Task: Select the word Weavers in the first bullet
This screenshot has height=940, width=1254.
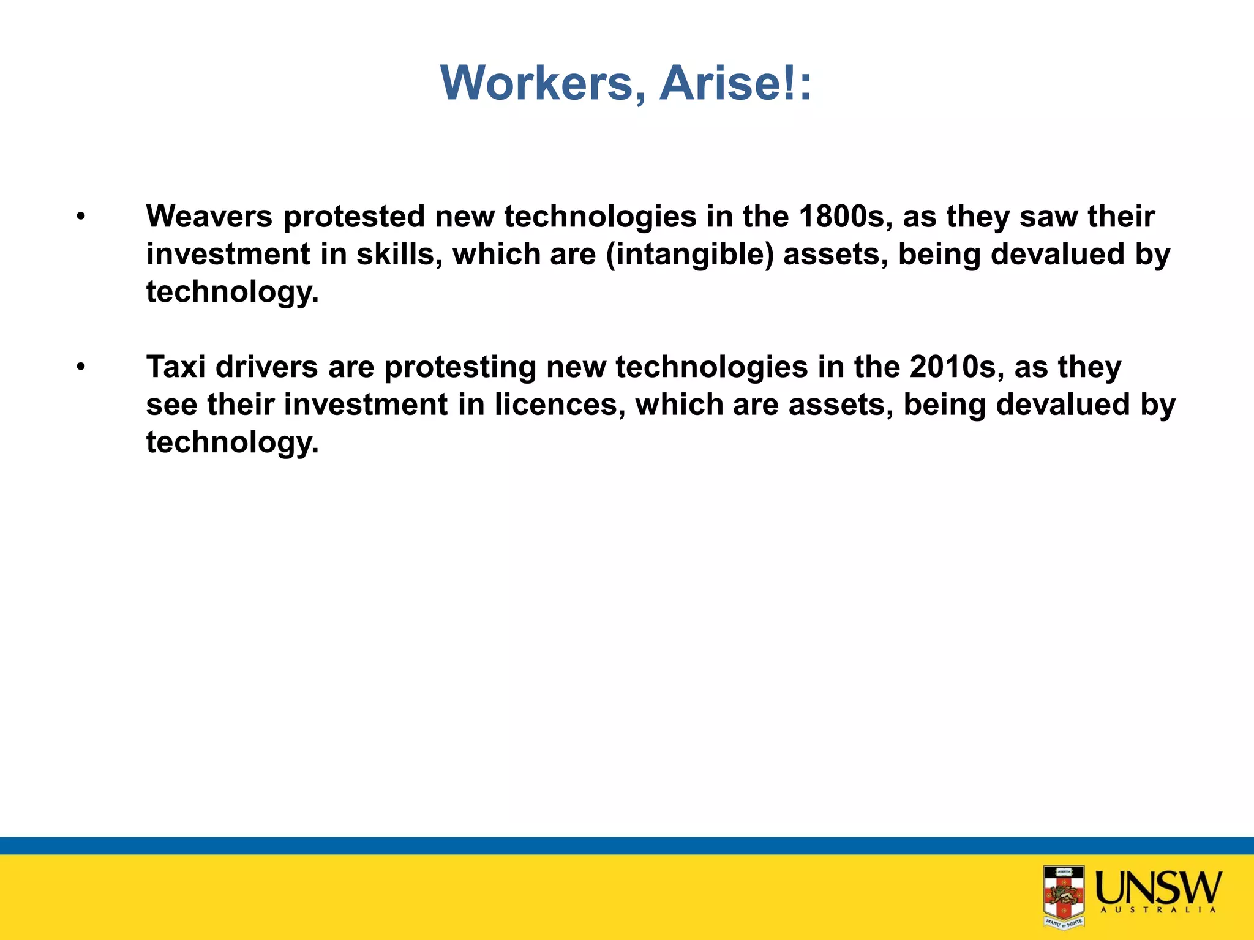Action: (x=209, y=217)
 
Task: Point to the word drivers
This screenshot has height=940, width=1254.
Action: (x=266, y=367)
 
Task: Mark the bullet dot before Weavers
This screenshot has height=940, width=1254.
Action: (x=81, y=217)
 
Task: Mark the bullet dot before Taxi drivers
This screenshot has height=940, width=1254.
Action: (x=81, y=367)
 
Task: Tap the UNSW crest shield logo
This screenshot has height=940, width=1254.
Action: (x=1064, y=896)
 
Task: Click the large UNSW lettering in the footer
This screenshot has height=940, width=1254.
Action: (x=1158, y=887)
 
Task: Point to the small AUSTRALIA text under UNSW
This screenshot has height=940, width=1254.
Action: (x=1158, y=910)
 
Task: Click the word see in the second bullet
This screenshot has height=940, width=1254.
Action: (x=171, y=405)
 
